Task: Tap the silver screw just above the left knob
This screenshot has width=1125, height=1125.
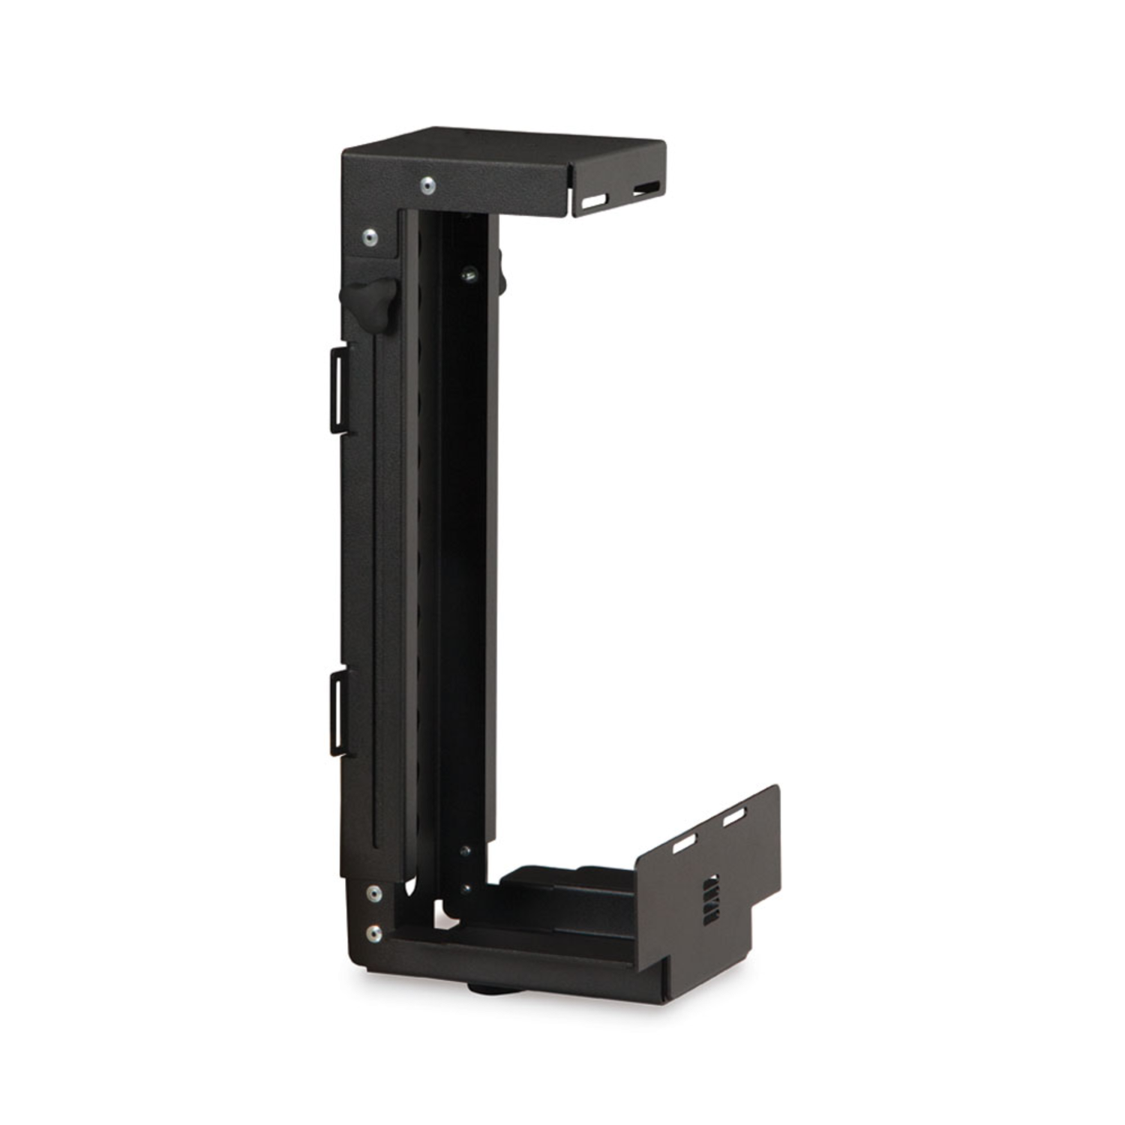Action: click(x=369, y=238)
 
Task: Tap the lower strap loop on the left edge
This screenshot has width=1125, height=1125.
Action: click(x=339, y=712)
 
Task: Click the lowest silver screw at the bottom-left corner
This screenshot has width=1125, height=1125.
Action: click(x=373, y=934)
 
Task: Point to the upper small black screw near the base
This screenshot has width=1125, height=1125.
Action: click(x=466, y=851)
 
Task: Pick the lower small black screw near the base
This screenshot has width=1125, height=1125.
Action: click(x=466, y=889)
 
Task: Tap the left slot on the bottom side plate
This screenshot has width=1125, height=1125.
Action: click(x=683, y=845)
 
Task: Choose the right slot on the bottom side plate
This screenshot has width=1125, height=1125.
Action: click(x=735, y=820)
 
